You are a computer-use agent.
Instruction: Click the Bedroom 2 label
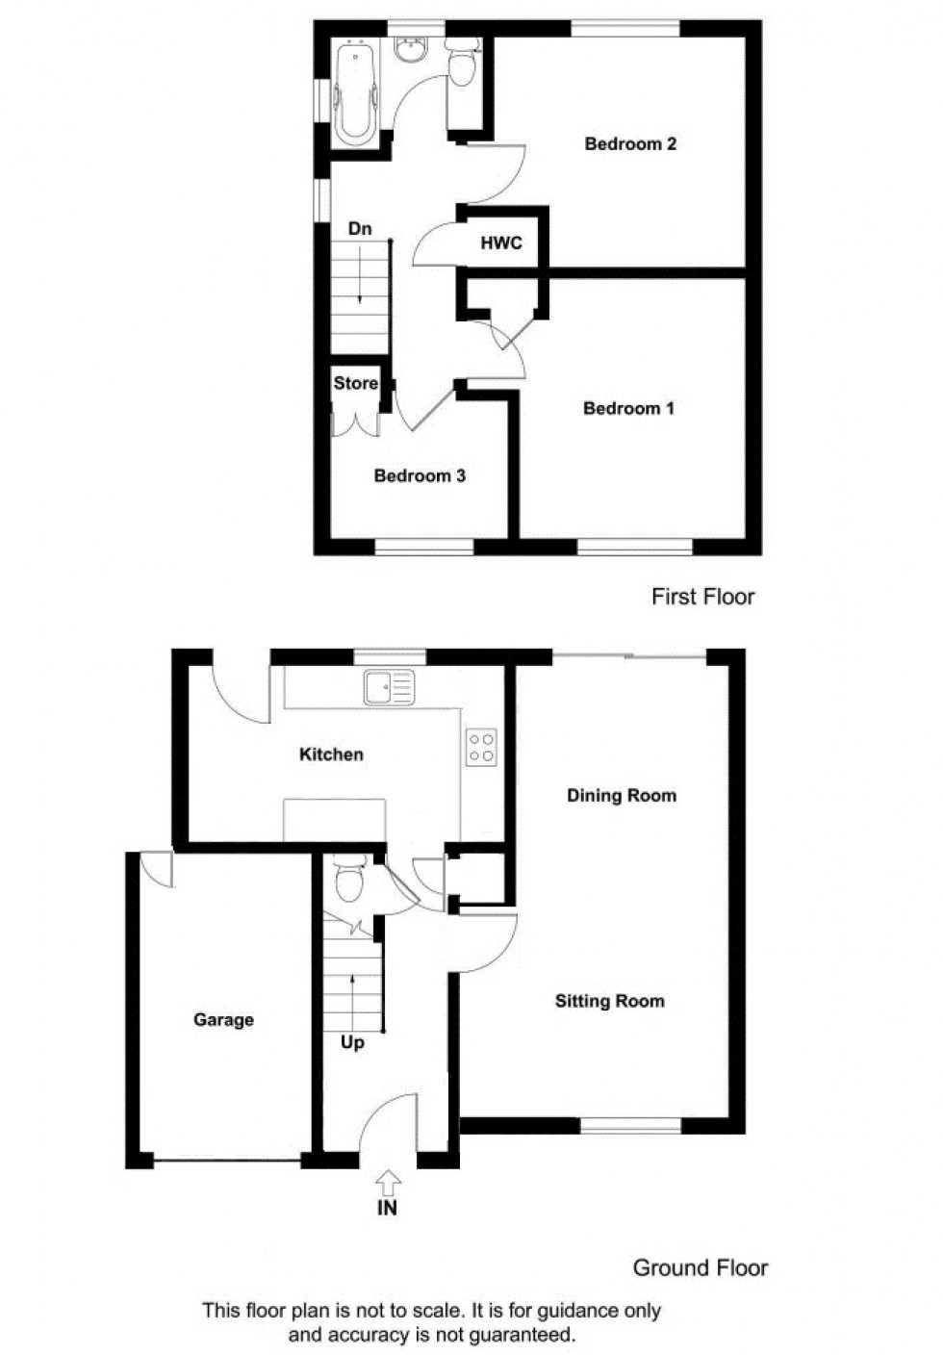pos(630,144)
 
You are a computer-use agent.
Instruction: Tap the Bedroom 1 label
pos(628,408)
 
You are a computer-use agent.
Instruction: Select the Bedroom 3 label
pos(420,475)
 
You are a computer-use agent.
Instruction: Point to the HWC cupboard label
pos(501,243)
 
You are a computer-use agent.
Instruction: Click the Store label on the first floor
pos(355,383)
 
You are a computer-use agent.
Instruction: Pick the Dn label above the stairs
pos(359,229)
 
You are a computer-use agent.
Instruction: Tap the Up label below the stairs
pos(352,1042)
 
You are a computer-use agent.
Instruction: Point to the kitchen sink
pos(389,687)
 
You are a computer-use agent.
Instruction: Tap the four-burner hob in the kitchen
pos(481,748)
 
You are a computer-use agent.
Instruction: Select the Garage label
pos(223,1019)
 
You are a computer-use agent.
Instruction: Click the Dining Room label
pos(621,795)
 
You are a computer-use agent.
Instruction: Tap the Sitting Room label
pos(609,1001)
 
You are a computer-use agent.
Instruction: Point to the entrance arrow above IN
pos(388,1181)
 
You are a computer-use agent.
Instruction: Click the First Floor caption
pos(702,597)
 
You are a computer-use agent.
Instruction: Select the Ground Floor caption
pos(700,1267)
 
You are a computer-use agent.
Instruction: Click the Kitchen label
pos(331,754)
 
